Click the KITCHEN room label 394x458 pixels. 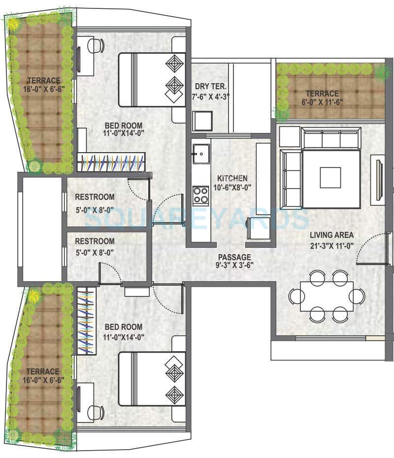point(232,178)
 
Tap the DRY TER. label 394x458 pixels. point(209,86)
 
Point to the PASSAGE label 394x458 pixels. point(235,257)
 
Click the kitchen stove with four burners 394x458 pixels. point(200,195)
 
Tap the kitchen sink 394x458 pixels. point(200,154)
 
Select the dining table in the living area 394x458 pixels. point(327,296)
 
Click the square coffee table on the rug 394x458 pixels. point(330,178)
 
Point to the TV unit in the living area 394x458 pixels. point(379,178)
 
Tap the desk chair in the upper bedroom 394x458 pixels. point(96,46)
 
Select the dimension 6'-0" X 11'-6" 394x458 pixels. point(322,102)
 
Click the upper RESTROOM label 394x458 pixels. point(95,197)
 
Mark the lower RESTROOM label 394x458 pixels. point(95,241)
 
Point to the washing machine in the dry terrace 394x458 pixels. point(202,121)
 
